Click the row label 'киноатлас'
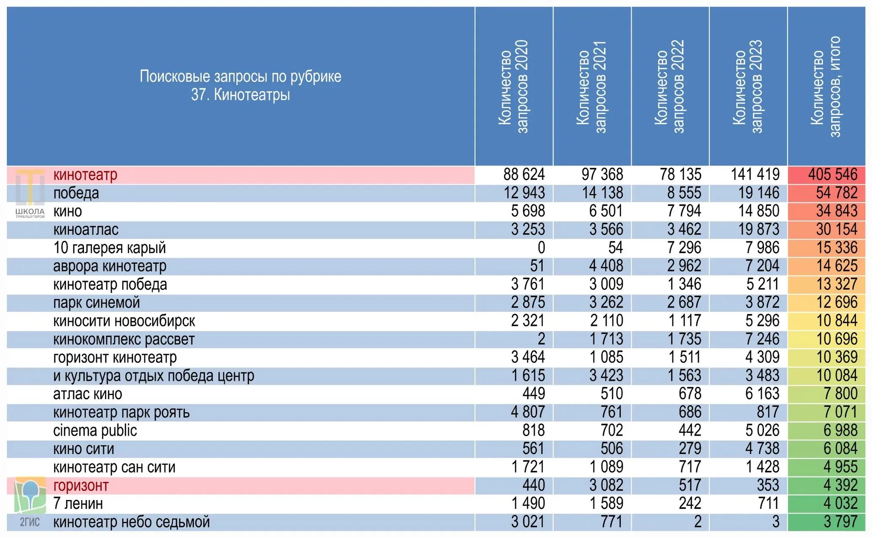click(x=86, y=230)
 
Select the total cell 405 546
click(x=833, y=174)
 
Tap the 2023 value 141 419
click(x=755, y=174)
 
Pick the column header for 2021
click(x=591, y=87)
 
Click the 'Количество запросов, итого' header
click(x=826, y=87)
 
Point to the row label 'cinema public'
click(x=95, y=430)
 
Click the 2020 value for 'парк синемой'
click(x=528, y=303)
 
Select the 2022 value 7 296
click(x=684, y=248)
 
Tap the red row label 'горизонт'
click(x=81, y=485)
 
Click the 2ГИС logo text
click(x=30, y=522)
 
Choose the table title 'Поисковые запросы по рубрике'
click(x=240, y=76)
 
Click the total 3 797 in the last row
click(x=840, y=522)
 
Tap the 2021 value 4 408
click(x=606, y=266)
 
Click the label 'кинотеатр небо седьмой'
click(x=132, y=522)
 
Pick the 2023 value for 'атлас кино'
click(x=762, y=394)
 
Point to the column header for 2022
click(x=670, y=87)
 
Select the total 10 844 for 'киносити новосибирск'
click(x=837, y=321)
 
